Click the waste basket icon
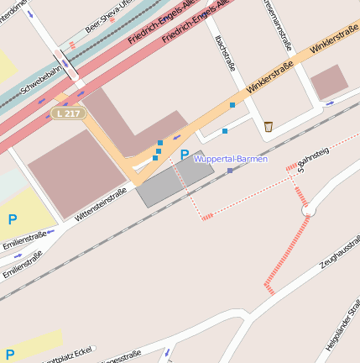pyautogui.click(x=268, y=127)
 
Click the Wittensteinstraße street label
pyautogui.click(x=100, y=205)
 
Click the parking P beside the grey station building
pyautogui.click(x=184, y=155)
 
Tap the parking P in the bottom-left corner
pyautogui.click(x=10, y=354)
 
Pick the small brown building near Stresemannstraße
pyautogui.click(x=329, y=82)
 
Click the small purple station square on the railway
pyautogui.click(x=230, y=171)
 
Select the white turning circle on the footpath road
pyautogui.click(x=305, y=211)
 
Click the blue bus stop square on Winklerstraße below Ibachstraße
pyautogui.click(x=232, y=105)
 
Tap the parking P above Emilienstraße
pyautogui.click(x=12, y=219)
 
